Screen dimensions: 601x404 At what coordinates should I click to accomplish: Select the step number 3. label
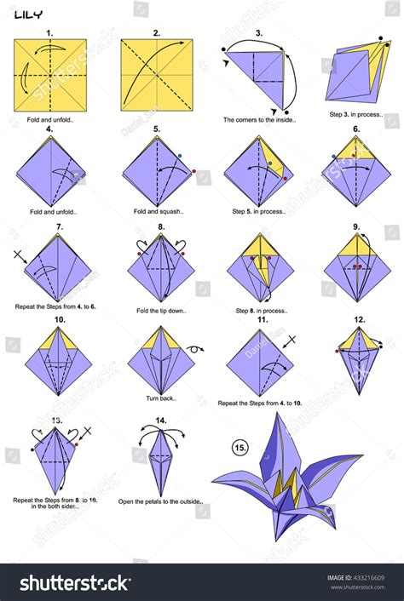click(x=259, y=34)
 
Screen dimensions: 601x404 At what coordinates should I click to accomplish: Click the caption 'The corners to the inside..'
click(x=258, y=120)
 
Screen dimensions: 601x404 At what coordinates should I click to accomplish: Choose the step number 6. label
click(x=355, y=129)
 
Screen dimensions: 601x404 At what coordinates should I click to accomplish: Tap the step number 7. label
click(x=60, y=227)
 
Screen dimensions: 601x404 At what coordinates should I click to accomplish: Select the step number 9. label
click(x=355, y=227)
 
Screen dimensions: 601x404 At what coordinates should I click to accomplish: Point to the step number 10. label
click(x=60, y=321)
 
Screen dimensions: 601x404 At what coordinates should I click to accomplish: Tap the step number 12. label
click(x=360, y=321)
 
